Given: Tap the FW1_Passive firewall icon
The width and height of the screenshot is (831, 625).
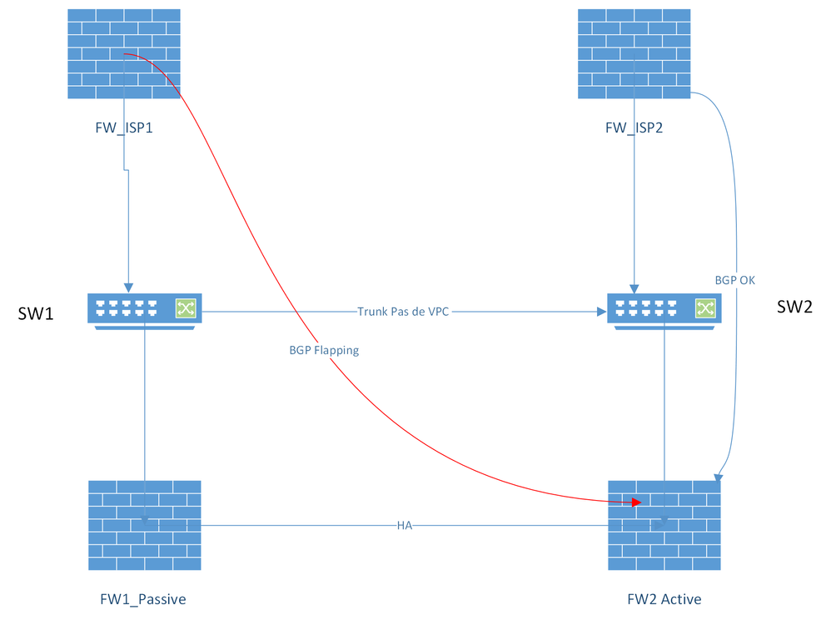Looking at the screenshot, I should click(145, 525).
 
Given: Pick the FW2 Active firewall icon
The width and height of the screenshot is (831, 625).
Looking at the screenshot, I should click(664, 525).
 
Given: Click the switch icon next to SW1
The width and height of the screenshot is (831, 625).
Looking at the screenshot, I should click(145, 310).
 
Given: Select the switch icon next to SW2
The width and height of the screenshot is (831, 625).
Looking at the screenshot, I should click(664, 310).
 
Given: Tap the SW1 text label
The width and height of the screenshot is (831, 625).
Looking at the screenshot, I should click(36, 313).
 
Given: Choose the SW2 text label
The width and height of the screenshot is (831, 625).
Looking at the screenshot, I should click(794, 307).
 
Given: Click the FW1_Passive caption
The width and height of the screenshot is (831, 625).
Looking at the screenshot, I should click(142, 598).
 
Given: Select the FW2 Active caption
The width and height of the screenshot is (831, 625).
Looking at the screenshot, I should click(664, 598).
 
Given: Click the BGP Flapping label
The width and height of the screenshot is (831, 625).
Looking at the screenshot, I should click(324, 350).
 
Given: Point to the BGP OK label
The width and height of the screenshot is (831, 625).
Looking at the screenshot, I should click(735, 280).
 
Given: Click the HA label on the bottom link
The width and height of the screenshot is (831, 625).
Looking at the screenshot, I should click(405, 526).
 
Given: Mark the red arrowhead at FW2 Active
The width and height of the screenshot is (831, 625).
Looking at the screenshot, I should click(636, 502).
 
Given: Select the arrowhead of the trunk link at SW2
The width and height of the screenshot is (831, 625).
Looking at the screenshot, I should click(601, 312).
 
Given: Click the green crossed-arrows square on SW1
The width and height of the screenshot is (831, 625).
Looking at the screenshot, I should click(184, 309).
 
